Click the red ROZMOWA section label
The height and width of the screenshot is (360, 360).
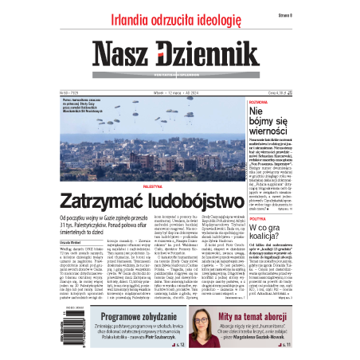click(260, 102)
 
